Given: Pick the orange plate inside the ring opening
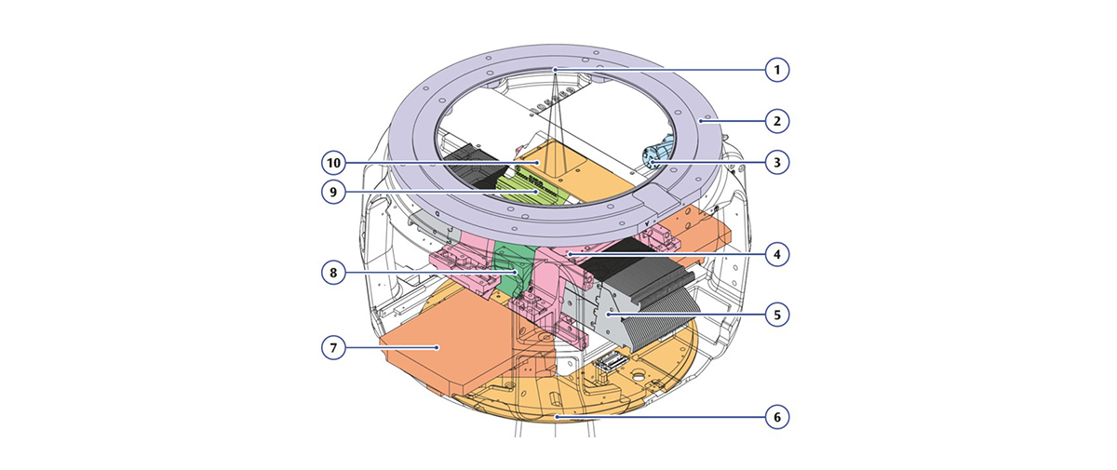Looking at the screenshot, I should pos(568,168).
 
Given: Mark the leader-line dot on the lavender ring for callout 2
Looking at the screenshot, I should pos(706,120).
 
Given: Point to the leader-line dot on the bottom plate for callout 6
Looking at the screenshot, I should pos(557,417).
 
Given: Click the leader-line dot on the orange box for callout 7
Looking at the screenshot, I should pos(438,347).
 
